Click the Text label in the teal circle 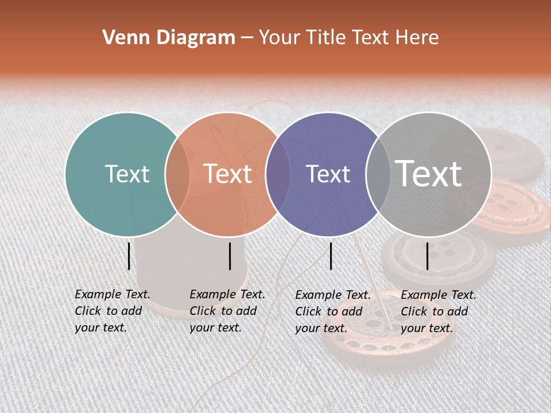click(127, 174)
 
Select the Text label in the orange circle click(227, 174)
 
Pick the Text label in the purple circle click(328, 174)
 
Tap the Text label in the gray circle click(428, 174)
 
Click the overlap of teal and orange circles click(177, 174)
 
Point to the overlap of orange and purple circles click(278, 174)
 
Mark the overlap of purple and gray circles click(378, 174)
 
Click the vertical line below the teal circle click(129, 256)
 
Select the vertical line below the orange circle click(230, 256)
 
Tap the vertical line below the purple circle click(331, 256)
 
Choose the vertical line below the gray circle click(428, 256)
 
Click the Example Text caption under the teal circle click(112, 311)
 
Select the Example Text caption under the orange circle click(227, 311)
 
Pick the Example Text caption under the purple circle click(332, 311)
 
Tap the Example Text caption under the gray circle click(438, 311)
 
